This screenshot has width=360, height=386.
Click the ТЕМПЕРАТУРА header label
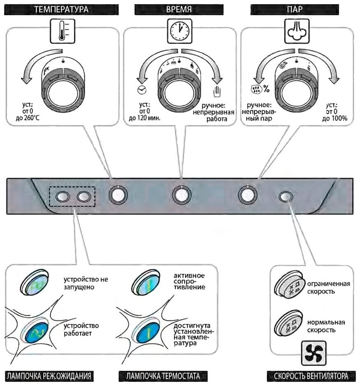61,9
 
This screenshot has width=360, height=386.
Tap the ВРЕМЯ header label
179,9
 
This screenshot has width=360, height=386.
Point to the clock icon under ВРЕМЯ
179,32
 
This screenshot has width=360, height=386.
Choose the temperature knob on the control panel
118,195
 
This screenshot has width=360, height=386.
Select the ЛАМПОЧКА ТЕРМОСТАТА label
163,376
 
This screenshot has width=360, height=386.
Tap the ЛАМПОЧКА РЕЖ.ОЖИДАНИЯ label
48,376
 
